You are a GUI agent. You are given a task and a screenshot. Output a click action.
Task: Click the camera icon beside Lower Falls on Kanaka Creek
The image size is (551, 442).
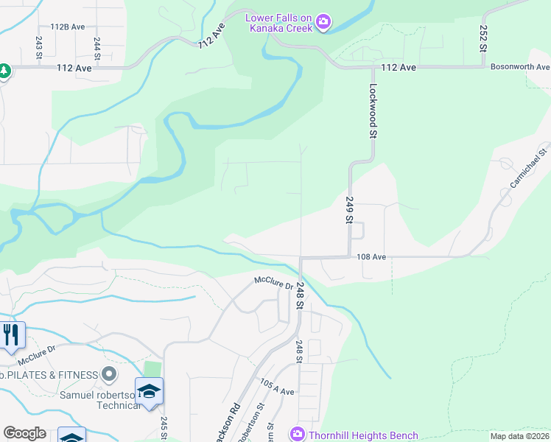[323, 24]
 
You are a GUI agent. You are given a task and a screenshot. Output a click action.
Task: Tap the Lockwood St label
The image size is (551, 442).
[373, 111]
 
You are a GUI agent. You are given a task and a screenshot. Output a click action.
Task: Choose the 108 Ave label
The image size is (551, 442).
[371, 257]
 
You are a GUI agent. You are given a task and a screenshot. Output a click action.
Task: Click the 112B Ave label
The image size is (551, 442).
[63, 26]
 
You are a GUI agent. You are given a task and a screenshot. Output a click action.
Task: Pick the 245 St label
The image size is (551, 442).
[163, 427]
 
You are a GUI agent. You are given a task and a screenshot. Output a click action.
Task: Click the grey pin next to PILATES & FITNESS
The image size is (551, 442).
[109, 375]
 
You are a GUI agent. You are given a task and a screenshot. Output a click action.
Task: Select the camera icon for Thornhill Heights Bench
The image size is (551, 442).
[297, 435]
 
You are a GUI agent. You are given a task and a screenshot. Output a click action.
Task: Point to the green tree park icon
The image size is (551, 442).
[4, 71]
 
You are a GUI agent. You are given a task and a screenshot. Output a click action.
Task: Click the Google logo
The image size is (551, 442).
[25, 433]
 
